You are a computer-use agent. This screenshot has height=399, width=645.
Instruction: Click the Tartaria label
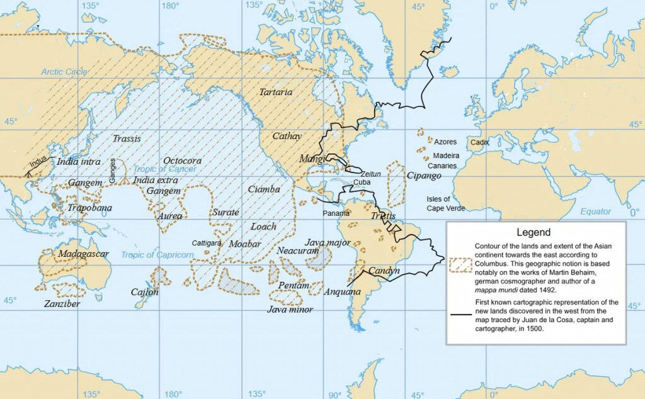[x=276, y=93]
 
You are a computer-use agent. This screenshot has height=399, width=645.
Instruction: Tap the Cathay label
[x=287, y=136]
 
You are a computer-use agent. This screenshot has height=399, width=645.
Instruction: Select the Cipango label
[x=424, y=176]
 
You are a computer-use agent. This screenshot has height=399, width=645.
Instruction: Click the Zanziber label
[x=62, y=304]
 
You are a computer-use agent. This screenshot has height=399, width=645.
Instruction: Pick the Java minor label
[x=290, y=310]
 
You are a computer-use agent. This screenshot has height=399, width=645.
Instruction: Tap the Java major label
[x=328, y=242]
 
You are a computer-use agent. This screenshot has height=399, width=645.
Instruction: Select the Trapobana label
[x=90, y=208]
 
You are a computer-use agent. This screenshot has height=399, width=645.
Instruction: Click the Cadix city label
[x=479, y=142]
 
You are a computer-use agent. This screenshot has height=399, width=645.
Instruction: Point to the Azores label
[x=445, y=142]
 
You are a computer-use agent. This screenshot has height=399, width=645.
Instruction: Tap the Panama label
[x=336, y=213]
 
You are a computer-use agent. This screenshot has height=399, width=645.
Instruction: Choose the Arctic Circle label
[x=64, y=72]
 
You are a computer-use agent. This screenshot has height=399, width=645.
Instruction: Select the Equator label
[x=596, y=211]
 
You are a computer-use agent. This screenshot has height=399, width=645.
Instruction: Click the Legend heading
[x=534, y=232]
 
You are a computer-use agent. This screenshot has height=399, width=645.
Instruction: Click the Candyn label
[x=384, y=271]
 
